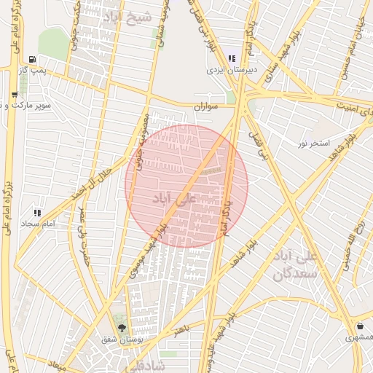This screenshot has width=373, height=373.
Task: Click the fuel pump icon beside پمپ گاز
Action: (x=31, y=59)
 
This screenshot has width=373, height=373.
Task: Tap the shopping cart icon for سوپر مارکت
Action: (x=15, y=95)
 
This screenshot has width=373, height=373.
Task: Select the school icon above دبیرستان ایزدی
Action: (x=232, y=58)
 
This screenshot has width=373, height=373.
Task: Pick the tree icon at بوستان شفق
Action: (x=122, y=329)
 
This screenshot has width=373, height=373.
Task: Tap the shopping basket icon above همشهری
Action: (x=360, y=326)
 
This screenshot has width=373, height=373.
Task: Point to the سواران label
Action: (x=206, y=106)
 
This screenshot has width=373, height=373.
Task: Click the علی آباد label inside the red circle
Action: (x=176, y=197)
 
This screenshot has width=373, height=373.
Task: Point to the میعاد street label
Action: (x=56, y=362)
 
